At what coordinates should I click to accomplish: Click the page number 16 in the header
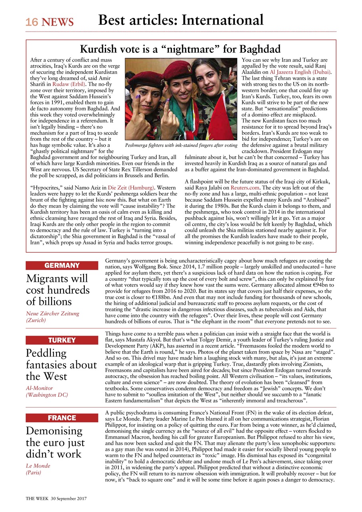pyautogui.click(x=32, y=22)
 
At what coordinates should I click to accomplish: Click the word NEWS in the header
pyautogui.click(x=58, y=22)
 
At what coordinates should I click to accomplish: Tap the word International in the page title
pyautogui.click(x=222, y=20)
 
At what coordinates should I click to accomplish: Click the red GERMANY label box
pyautogui.click(x=62, y=266)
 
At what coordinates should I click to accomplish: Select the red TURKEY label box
pyautogui.click(x=62, y=340)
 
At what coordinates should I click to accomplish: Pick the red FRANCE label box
pyautogui.click(x=62, y=418)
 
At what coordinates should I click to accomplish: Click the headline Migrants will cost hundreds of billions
pyautogui.click(x=58, y=290)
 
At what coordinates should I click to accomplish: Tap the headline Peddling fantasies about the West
pyautogui.click(x=61, y=364)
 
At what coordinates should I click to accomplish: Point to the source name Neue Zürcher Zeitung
pyautogui.click(x=52, y=313)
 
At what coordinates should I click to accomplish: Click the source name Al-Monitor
pyautogui.click(x=39, y=388)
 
